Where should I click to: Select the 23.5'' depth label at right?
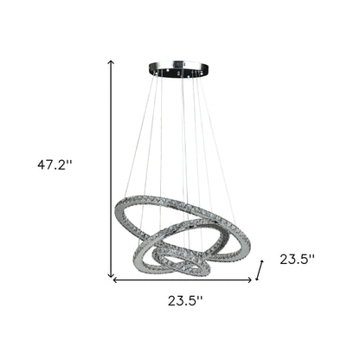297,258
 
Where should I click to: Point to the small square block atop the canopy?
180,62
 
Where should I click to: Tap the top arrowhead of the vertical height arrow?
111,62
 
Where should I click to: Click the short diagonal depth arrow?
258,273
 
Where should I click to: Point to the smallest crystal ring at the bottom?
180,263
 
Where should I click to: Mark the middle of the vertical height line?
111,169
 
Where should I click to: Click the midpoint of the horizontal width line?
182,280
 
